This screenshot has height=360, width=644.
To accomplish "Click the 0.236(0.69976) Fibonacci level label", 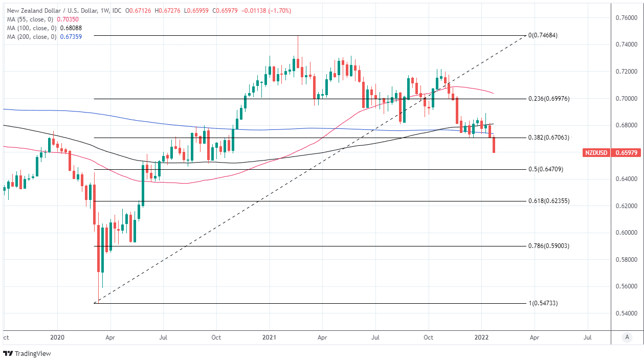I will (x=548, y=99).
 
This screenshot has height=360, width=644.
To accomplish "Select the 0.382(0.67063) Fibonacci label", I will (x=548, y=138).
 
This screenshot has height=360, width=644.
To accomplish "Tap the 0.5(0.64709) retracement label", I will (x=545, y=169).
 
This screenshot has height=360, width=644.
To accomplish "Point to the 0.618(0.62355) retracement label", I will (x=548, y=201).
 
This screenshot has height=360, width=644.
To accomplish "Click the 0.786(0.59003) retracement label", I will (x=548, y=246).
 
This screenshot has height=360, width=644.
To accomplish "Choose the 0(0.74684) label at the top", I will (x=542, y=36).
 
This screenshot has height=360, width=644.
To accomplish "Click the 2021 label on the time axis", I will (x=269, y=337).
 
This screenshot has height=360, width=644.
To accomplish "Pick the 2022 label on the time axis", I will (x=481, y=337).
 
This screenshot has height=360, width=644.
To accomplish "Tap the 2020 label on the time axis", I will (x=57, y=337).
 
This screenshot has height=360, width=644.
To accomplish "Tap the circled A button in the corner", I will (x=627, y=337).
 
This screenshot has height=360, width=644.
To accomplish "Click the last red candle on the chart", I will (x=494, y=145).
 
